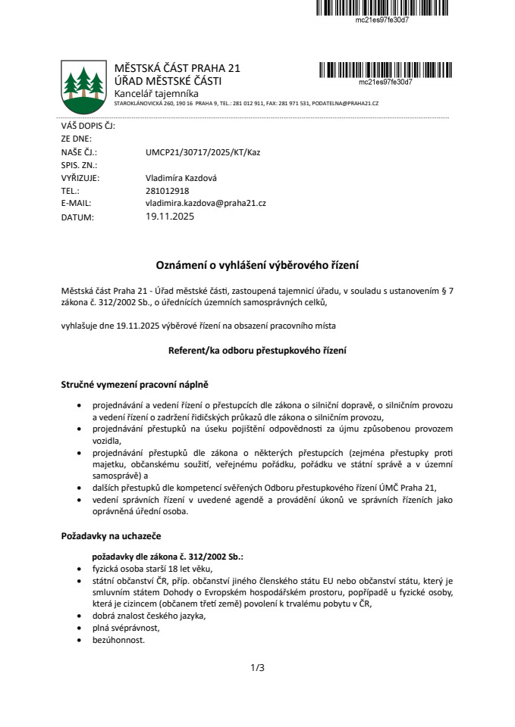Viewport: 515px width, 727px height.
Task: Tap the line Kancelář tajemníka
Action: [x=155, y=92]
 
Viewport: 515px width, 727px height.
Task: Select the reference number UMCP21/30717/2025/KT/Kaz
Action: [x=203, y=152]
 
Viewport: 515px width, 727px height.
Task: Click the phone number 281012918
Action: [x=167, y=191]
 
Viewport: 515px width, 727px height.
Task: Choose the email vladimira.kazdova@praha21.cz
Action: [x=206, y=204]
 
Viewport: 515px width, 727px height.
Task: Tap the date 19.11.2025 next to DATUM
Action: [x=170, y=217]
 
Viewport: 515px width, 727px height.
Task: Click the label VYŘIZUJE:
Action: [x=80, y=178]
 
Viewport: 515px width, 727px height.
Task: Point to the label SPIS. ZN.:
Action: [x=79, y=165]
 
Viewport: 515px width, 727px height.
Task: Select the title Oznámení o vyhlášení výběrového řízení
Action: [x=257, y=265]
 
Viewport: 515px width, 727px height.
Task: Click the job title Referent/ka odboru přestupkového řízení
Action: [x=257, y=351]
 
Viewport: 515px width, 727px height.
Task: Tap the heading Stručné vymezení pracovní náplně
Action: [x=134, y=385]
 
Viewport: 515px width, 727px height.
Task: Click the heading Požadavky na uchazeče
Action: [x=111, y=536]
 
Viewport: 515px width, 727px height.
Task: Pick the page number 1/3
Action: [x=257, y=668]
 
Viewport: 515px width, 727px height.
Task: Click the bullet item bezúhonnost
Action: [x=118, y=640]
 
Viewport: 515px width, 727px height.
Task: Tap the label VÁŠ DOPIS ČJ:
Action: [x=88, y=126]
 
